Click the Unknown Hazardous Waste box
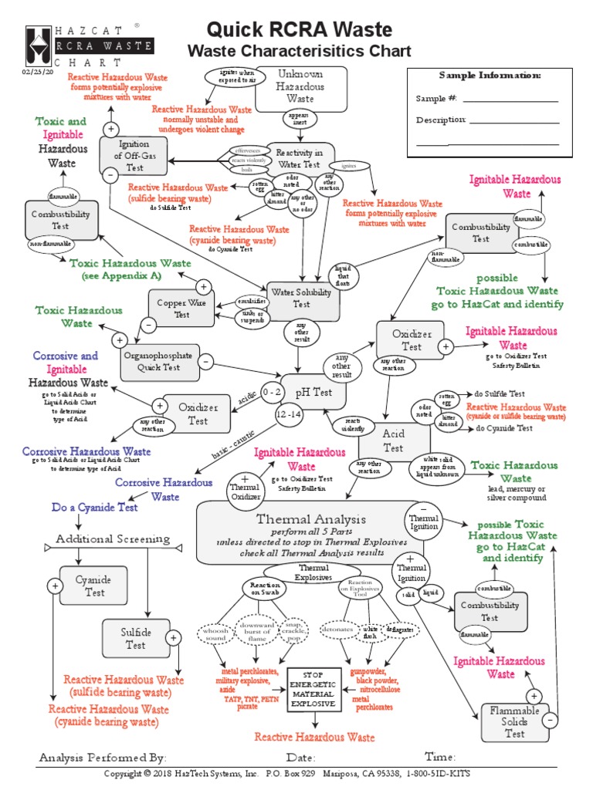[x=300, y=86]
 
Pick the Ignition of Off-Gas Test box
[x=129, y=157]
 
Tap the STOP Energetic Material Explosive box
[x=313, y=689]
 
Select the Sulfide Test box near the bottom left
[x=136, y=638]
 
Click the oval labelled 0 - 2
[x=273, y=392]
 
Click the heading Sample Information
[x=490, y=76]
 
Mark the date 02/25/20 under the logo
[x=39, y=73]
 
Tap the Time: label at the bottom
[x=441, y=756]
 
